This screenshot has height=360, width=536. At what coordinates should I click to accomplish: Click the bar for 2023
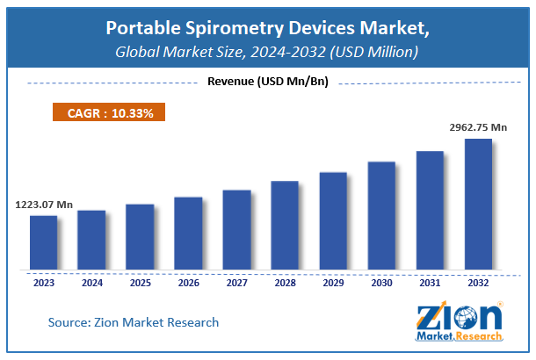pos(43,242)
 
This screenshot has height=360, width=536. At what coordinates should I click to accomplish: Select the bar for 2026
pos(188,233)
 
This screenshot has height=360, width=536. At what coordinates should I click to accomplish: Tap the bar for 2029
pos(333,220)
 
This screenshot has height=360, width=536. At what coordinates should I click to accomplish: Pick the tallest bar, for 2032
pos(478,204)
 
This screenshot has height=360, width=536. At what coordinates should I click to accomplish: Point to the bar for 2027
pos(236,229)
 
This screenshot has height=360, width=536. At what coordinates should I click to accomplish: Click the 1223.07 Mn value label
pos(44,205)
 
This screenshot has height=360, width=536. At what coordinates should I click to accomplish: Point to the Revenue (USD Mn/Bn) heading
pos(267,83)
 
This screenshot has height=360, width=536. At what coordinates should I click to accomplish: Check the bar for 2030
pos(381,215)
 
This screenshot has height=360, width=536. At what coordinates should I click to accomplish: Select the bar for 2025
pos(140,237)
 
